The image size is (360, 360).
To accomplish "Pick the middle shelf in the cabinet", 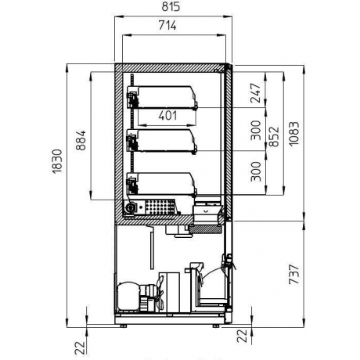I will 164,141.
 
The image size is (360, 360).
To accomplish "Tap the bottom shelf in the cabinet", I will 164,185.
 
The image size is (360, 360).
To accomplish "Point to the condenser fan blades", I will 160,293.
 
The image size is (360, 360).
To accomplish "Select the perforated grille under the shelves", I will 161,207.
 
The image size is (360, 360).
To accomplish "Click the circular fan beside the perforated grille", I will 131,207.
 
